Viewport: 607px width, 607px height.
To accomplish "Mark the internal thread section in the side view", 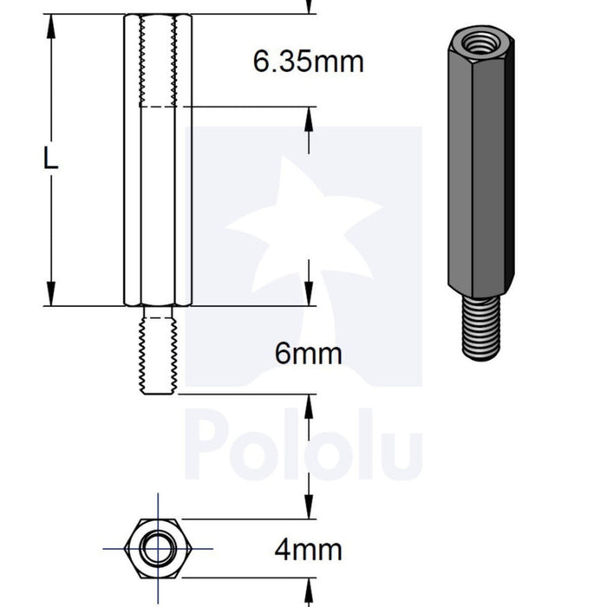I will [158, 61].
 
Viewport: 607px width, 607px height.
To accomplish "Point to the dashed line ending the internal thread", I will [158, 107].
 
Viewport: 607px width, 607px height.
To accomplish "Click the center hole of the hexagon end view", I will [157, 549].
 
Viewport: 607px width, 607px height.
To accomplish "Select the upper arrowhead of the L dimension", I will [51, 26].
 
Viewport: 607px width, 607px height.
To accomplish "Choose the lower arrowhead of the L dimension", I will [51, 295].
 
